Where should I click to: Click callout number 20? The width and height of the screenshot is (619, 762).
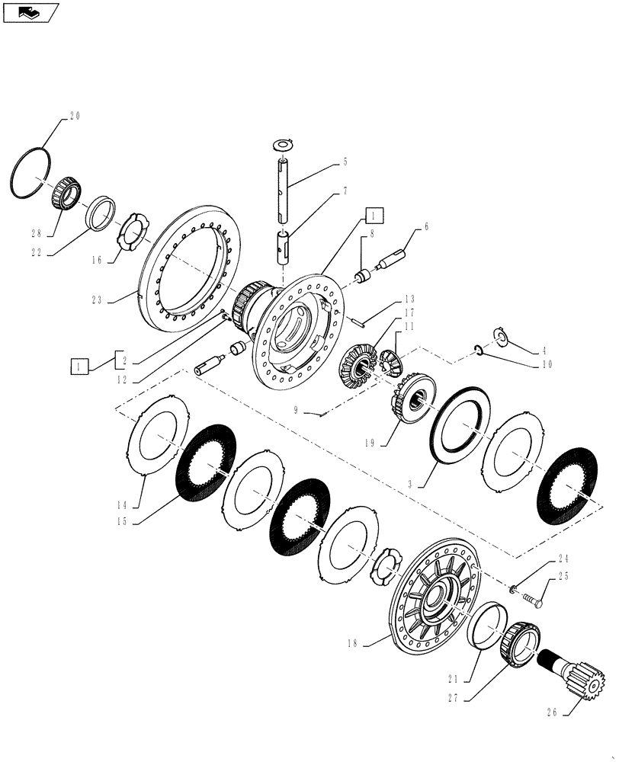pyautogui.click(x=74, y=117)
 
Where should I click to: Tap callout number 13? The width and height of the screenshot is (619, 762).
pyautogui.click(x=409, y=298)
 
